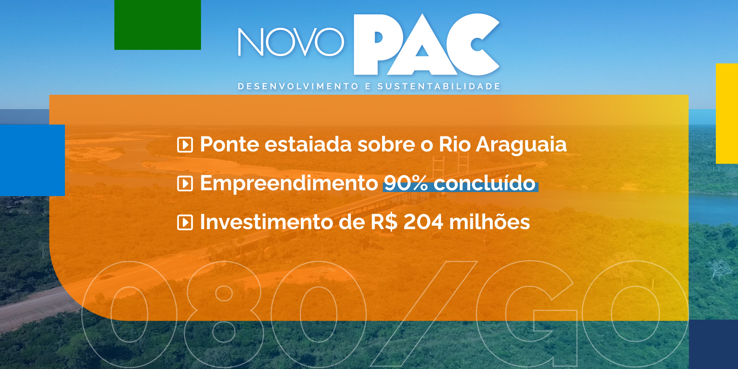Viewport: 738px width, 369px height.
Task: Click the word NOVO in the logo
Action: coord(291,42)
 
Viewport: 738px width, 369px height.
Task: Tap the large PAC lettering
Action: coord(426,45)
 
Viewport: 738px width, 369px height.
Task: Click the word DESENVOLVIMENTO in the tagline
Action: coord(298,87)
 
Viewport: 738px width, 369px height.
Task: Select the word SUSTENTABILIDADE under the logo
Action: coord(439,87)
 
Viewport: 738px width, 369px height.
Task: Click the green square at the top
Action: coord(157,25)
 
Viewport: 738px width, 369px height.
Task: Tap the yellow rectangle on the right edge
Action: coord(727,113)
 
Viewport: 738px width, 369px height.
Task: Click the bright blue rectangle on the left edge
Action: coord(32,160)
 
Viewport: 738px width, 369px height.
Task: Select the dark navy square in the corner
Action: coord(713,344)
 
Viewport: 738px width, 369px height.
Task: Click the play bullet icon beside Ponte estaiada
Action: coord(185,145)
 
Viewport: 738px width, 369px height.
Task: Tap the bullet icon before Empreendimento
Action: coord(185,184)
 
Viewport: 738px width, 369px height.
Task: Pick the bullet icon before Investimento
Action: coord(185,223)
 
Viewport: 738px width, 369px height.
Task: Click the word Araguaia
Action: coord(521,145)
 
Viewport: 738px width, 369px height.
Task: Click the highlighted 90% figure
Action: coord(406,183)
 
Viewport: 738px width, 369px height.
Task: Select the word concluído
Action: coord(484,183)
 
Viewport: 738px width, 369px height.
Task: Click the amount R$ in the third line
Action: coord(384,222)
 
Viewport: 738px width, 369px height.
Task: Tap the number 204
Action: coord(423,222)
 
